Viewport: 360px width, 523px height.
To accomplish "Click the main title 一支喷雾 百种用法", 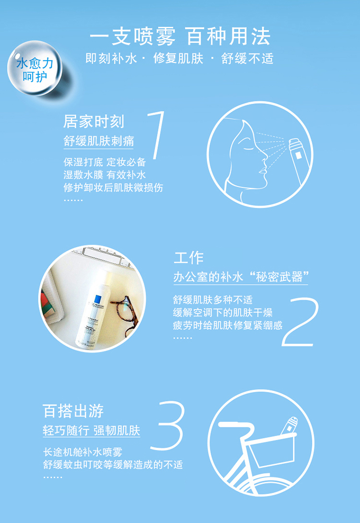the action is click(180, 36).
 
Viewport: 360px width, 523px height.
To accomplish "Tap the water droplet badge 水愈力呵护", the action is click(35, 68).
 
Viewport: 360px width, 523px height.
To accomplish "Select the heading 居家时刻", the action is click(94, 122).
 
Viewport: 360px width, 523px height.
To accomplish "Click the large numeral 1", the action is click(156, 135).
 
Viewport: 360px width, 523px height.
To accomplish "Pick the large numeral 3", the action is click(168, 425).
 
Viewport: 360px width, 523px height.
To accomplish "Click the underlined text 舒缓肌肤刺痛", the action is click(99, 141).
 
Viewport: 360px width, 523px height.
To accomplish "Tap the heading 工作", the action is click(189, 257).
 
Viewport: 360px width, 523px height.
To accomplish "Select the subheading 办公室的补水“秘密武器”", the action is click(240, 277).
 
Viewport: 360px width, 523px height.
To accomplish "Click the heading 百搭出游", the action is click(73, 411).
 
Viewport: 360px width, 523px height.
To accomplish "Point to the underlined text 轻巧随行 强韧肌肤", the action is click(91, 431).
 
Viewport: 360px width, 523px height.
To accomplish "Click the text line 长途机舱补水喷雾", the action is click(83, 452).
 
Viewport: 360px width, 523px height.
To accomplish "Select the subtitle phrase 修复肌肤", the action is click(178, 59).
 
